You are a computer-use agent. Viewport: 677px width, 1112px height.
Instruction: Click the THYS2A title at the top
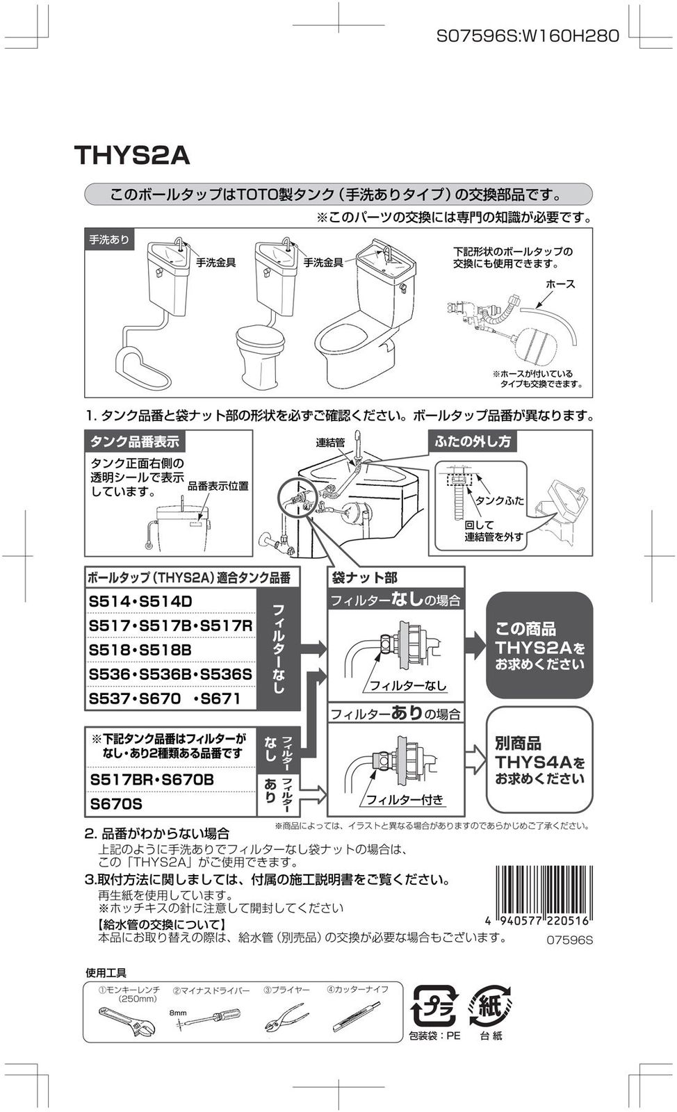[x=132, y=155]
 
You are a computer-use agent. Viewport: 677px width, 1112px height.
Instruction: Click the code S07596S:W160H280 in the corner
[x=527, y=35]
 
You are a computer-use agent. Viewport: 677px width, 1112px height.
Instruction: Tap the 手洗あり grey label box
[x=109, y=240]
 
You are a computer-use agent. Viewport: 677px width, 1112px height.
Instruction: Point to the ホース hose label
[x=560, y=284]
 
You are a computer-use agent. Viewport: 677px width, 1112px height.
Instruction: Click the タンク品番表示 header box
[x=135, y=441]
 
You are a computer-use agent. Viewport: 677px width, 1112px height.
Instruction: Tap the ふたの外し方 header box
[x=473, y=441]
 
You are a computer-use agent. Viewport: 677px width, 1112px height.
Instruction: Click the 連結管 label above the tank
[x=330, y=443]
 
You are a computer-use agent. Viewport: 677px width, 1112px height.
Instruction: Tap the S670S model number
[x=117, y=804]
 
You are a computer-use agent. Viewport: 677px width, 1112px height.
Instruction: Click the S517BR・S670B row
[x=152, y=780]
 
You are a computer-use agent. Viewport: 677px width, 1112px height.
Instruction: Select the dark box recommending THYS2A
[x=539, y=645]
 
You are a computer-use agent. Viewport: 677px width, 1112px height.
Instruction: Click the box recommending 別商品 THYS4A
[x=539, y=760]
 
